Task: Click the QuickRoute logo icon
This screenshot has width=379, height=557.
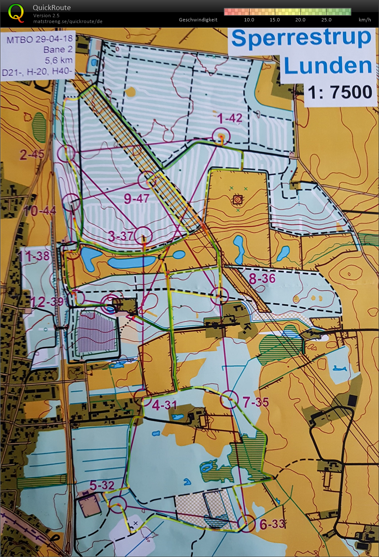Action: [16, 13]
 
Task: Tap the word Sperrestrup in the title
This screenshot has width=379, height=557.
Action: [301, 38]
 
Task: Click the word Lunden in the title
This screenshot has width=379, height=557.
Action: [328, 66]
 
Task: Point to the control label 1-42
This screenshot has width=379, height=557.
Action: [230, 118]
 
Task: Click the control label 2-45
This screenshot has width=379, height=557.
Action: [32, 154]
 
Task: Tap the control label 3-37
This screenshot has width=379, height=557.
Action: [121, 236]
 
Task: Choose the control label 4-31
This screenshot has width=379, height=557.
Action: [164, 405]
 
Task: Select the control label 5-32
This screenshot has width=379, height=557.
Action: [102, 485]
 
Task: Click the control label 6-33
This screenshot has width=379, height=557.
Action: [272, 524]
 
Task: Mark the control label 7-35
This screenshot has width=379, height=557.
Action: [255, 402]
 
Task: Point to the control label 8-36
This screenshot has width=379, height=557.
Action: [262, 278]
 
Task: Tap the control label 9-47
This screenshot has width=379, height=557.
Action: [137, 198]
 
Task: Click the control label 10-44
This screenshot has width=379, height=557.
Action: [40, 210]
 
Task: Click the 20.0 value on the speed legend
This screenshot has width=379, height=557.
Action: [300, 20]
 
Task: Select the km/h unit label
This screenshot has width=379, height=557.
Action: [365, 20]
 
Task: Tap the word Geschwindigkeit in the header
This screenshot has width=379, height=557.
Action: [198, 20]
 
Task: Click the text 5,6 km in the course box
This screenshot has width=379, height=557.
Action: [59, 60]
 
